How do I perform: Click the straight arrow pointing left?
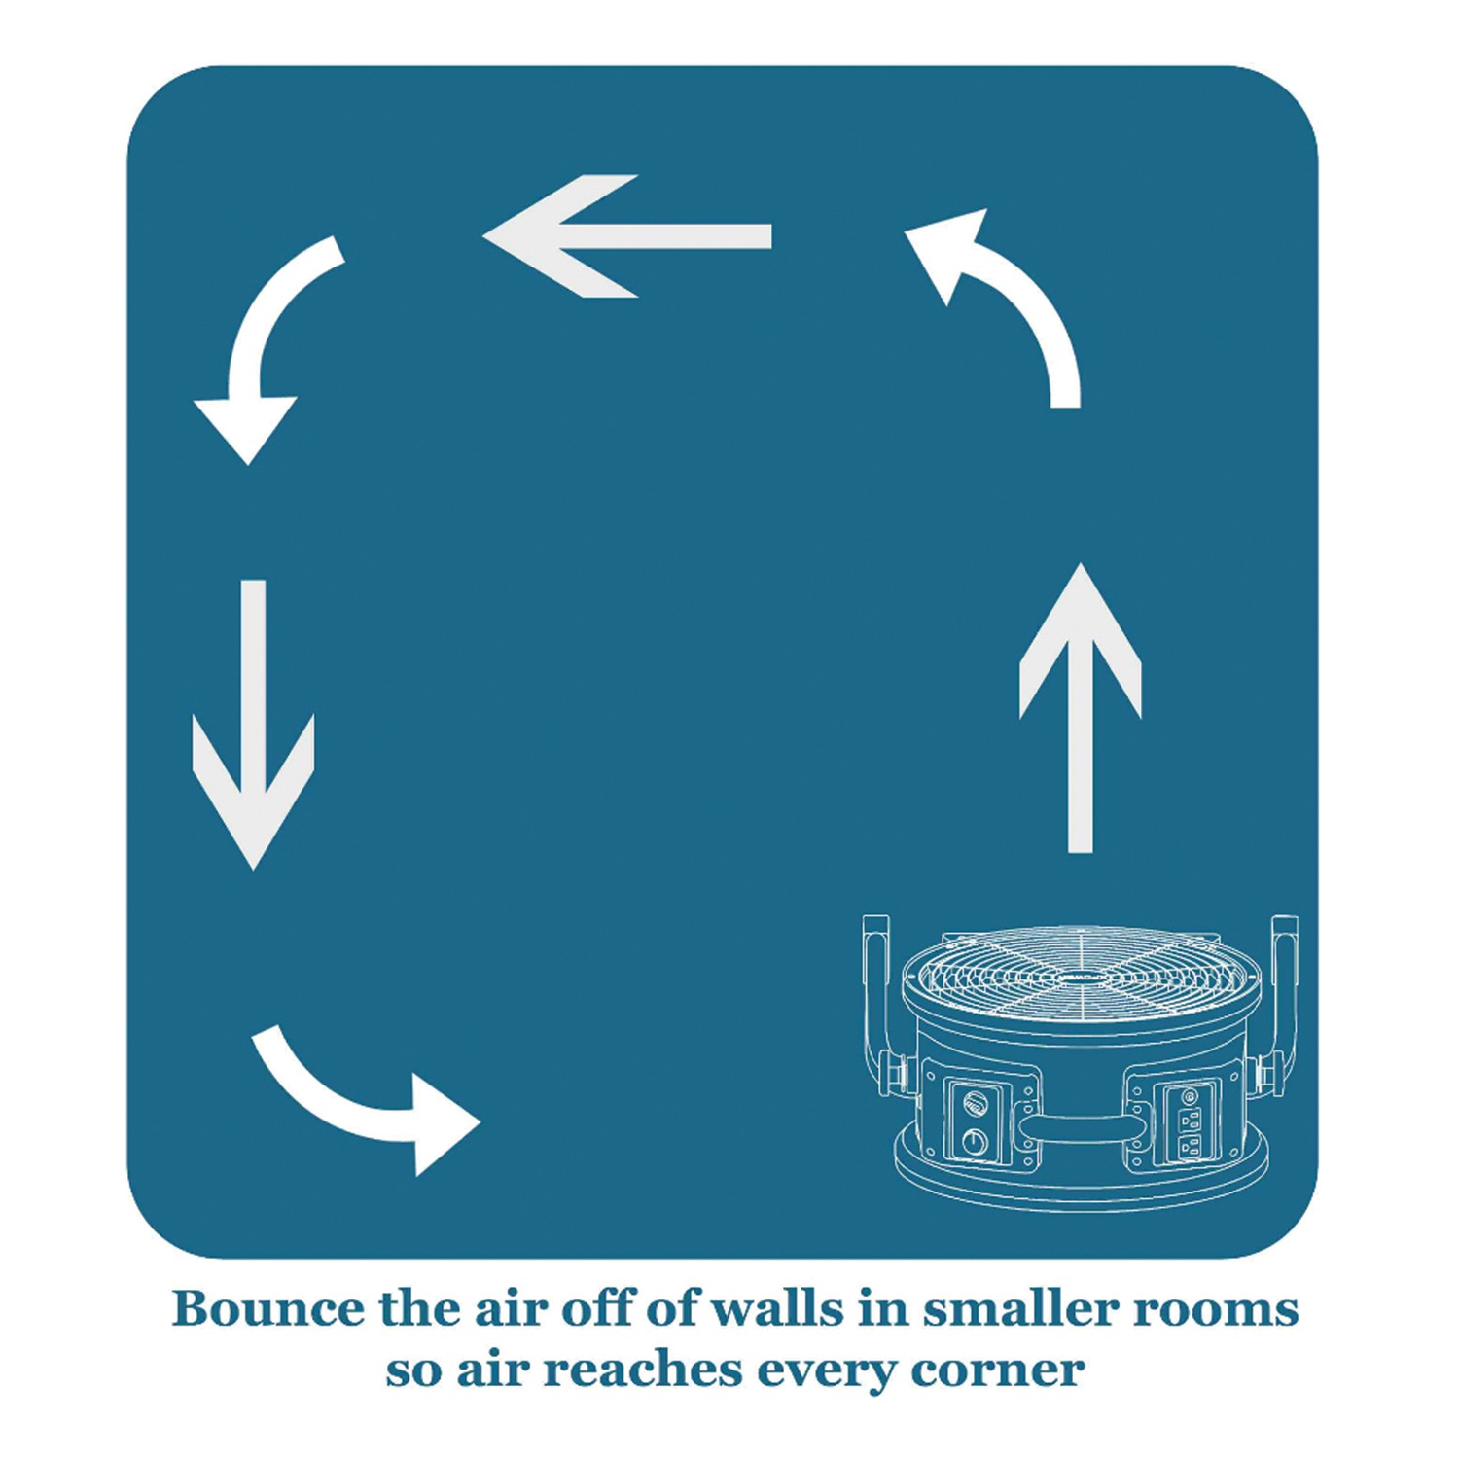pyautogui.click(x=627, y=236)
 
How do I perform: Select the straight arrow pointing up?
pyautogui.click(x=1080, y=710)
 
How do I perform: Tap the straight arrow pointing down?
pyautogui.click(x=253, y=725)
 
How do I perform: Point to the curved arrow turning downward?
pyautogui.click(x=263, y=340)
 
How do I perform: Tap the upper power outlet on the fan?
pyautogui.click(x=1190, y=1119)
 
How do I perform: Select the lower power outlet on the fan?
pyautogui.click(x=1189, y=1148)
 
